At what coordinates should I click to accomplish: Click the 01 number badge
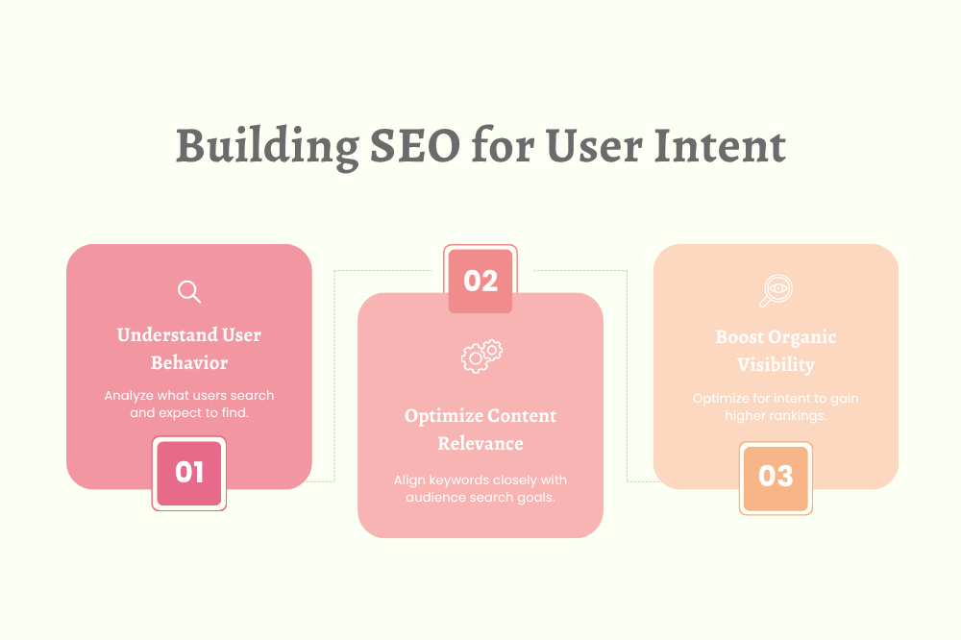(189, 472)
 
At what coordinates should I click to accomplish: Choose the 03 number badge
(776, 477)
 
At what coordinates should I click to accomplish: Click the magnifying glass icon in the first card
(189, 291)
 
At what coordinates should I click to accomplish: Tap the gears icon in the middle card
(481, 356)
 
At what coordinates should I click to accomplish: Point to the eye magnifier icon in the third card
(775, 290)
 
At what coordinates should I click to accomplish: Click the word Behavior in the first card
(189, 363)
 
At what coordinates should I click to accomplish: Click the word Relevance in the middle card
(480, 444)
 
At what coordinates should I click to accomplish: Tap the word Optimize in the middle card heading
(443, 416)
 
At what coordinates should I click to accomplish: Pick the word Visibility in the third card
(776, 365)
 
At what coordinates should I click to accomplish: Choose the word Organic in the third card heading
(802, 337)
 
